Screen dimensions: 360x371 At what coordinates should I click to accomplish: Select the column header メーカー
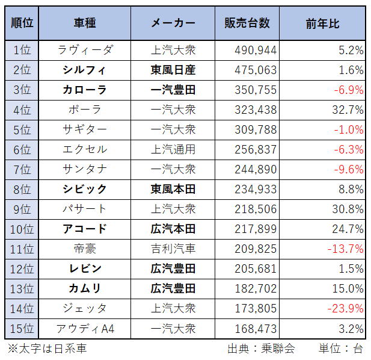(173, 23)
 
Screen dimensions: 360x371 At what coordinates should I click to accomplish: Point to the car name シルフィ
(85, 70)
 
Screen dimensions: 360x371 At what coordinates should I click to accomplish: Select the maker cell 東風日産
(173, 70)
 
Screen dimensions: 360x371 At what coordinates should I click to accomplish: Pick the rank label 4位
(22, 110)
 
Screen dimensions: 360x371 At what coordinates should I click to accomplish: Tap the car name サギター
(85, 129)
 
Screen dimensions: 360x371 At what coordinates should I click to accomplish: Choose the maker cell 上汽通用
(173, 149)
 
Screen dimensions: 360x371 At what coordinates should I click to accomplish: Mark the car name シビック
(85, 189)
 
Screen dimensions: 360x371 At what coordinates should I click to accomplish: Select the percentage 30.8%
(347, 209)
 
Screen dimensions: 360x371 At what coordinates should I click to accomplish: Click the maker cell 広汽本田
(173, 229)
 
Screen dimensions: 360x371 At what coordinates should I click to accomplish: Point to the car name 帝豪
(85, 249)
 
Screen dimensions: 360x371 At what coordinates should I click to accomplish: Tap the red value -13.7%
(345, 249)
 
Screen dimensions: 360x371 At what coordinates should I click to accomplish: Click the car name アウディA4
(85, 328)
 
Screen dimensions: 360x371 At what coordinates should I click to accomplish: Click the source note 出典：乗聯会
(260, 349)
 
